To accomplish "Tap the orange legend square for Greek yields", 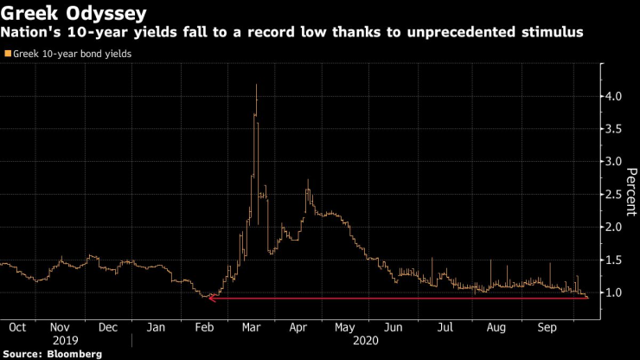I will [8, 54].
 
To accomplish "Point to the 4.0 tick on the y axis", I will [613, 96].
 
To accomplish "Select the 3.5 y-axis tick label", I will [613, 129].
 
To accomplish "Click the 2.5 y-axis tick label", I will [613, 195].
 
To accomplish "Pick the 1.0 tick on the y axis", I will [613, 293].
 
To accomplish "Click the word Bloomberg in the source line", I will [75, 354].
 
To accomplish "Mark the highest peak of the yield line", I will [257, 85].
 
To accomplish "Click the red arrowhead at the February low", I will [211, 299].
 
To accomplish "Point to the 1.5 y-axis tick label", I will [613, 260].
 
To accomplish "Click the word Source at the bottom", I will [23, 354].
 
